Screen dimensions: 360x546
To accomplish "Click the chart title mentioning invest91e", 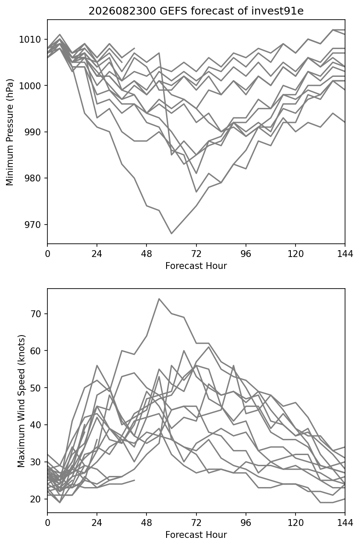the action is [x=196, y=11].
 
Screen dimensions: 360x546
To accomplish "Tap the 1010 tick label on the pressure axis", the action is [x=30, y=39].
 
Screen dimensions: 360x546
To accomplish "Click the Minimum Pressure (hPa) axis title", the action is [x=9, y=132].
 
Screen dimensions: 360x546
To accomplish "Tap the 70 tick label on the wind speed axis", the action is [x=35, y=313].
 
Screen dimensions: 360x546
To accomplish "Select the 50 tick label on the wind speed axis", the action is [x=35, y=388].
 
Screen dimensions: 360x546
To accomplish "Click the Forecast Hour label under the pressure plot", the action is [x=196, y=266].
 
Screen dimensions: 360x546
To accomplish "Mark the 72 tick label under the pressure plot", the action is [x=196, y=254].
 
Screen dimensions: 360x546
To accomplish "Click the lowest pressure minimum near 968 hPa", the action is [x=172, y=234].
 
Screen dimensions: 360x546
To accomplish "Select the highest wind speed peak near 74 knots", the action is [x=159, y=298].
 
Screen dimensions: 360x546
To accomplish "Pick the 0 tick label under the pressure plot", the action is [x=47, y=254].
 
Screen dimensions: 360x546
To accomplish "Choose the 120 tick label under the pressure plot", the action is [x=296, y=254].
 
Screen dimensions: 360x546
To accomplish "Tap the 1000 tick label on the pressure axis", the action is [x=30, y=85].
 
